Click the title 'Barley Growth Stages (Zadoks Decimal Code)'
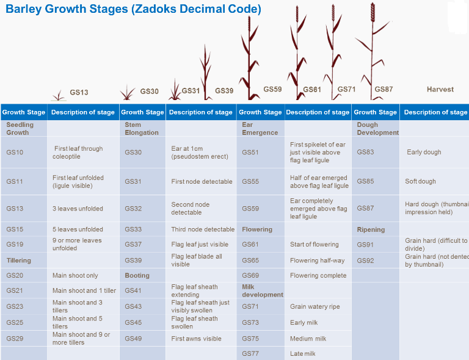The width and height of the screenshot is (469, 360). tap(133, 10)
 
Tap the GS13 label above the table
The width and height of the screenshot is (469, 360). tap(79, 93)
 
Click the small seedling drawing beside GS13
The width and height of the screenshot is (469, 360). tap(59, 95)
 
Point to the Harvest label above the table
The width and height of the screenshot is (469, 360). tap(440, 89)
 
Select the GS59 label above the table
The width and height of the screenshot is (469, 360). tap(272, 89)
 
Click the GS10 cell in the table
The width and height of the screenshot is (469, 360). tap(15, 153)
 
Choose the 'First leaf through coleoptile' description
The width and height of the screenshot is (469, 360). tap(78, 153)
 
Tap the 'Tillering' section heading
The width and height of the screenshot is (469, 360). tap(18, 261)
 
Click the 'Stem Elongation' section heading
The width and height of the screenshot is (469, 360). tap(141, 129)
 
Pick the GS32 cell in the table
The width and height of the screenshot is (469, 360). tap(133, 209)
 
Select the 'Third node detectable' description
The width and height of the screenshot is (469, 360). tap(203, 229)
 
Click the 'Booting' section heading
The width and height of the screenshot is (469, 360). tap(137, 276)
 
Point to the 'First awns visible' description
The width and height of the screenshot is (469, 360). tap(196, 339)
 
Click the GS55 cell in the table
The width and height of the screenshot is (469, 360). tap(250, 182)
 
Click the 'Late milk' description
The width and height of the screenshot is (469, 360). tap(302, 353)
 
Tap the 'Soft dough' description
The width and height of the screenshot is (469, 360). tap(420, 182)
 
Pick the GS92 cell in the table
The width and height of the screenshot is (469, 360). tap(365, 261)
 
